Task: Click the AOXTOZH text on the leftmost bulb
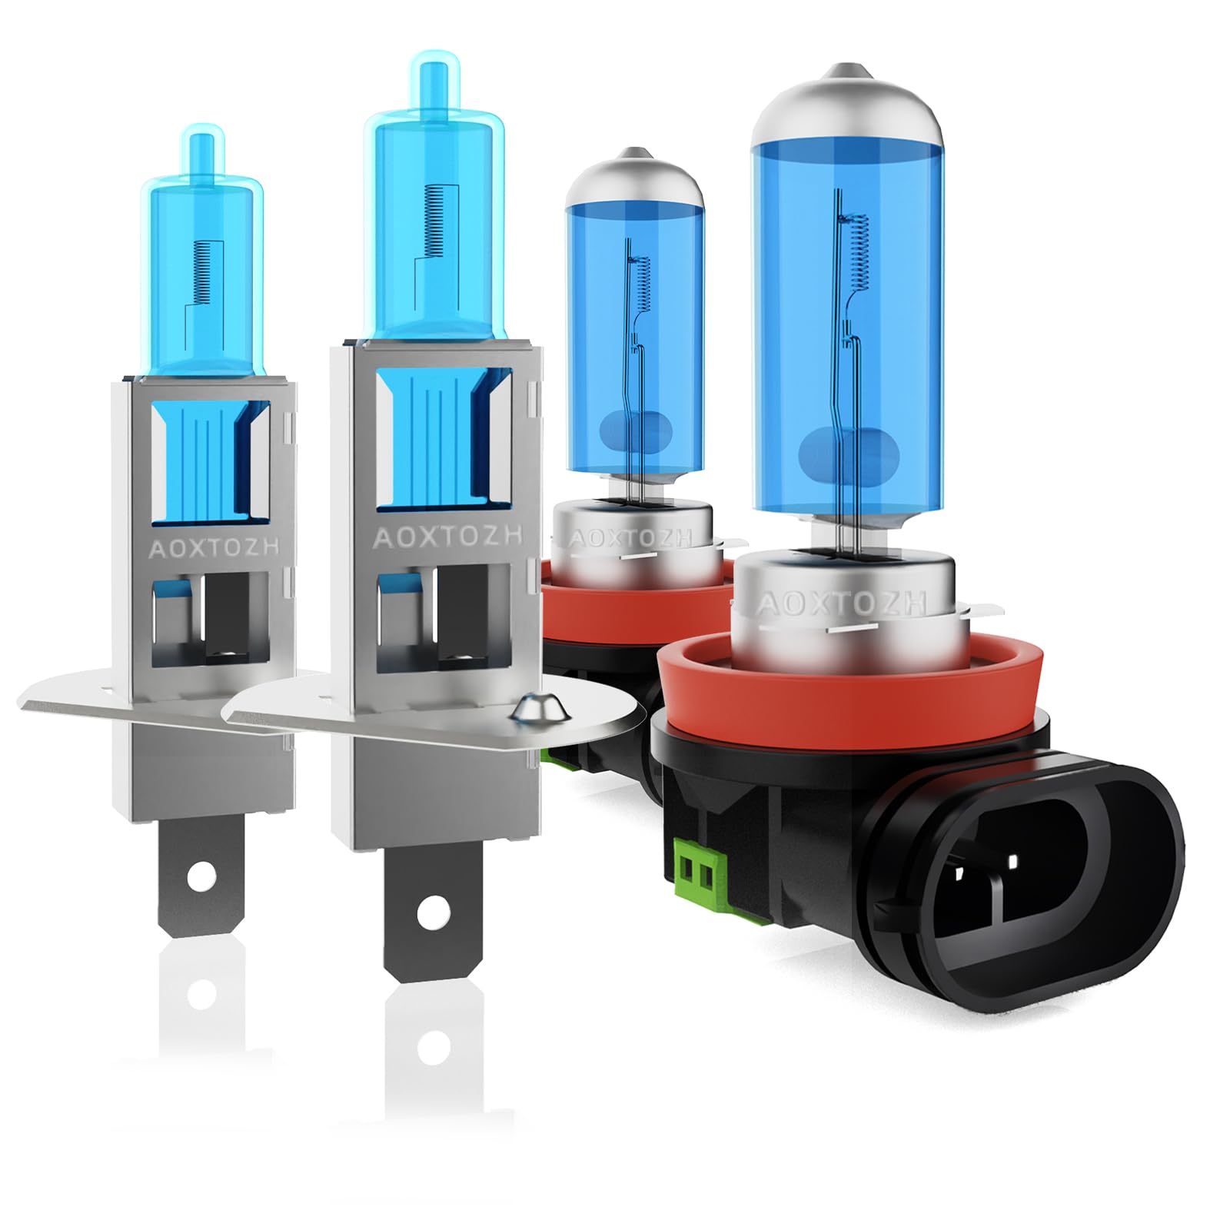click(214, 548)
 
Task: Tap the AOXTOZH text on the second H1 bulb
click(448, 537)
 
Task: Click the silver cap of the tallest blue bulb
click(846, 108)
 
